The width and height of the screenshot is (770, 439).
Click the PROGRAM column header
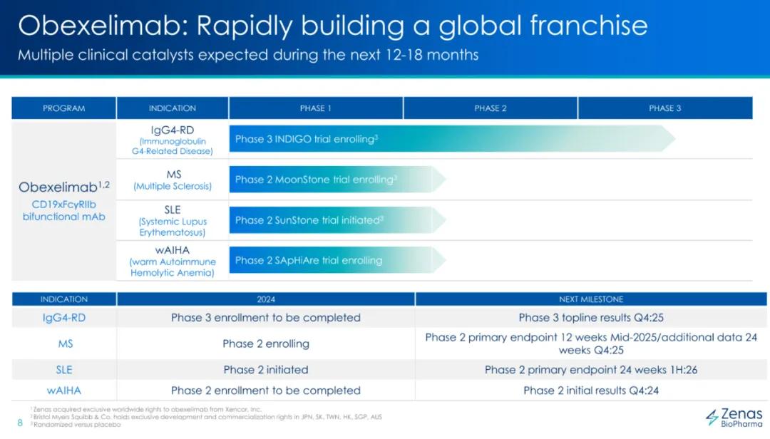click(x=64, y=108)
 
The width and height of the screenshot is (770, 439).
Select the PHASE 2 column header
click(x=490, y=108)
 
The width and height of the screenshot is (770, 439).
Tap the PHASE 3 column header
click(x=665, y=108)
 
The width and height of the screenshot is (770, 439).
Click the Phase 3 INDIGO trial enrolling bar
click(x=452, y=139)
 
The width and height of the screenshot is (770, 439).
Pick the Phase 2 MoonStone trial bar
click(x=337, y=179)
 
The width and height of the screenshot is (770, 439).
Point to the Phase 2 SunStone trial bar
click(x=337, y=220)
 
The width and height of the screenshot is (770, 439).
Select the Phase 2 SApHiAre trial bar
click(x=337, y=260)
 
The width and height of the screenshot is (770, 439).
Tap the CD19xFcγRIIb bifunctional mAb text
click(x=64, y=211)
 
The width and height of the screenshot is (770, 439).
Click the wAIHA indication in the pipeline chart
click(x=173, y=261)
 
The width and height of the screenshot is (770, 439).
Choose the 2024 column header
click(x=266, y=299)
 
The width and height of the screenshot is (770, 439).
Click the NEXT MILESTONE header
click(x=591, y=299)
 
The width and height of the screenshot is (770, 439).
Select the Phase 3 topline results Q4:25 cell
click(x=591, y=318)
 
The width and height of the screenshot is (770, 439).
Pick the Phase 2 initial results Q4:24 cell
click(x=591, y=391)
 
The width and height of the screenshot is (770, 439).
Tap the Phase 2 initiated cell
click(x=266, y=370)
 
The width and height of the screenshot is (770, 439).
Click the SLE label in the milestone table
click(x=64, y=370)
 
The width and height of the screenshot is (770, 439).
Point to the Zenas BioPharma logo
click(x=734, y=418)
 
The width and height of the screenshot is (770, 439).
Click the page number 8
click(x=20, y=423)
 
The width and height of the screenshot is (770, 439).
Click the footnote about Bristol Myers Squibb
click(x=206, y=417)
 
